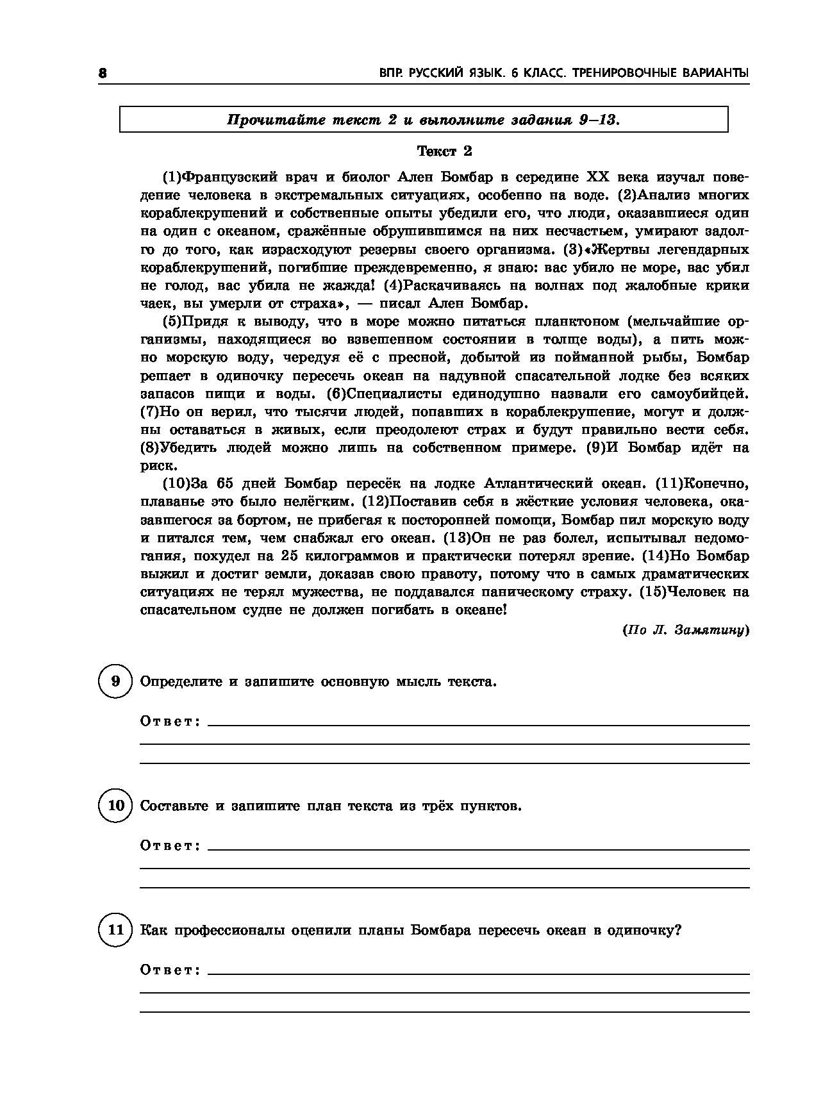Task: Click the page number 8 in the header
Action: tap(101, 74)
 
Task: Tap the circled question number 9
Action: tap(115, 681)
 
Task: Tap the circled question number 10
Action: tap(115, 806)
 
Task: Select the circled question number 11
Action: tap(115, 929)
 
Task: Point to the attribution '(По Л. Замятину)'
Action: tap(685, 630)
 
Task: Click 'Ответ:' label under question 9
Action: tap(170, 722)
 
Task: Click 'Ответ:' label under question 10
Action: tap(170, 846)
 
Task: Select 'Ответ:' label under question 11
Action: tap(170, 970)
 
